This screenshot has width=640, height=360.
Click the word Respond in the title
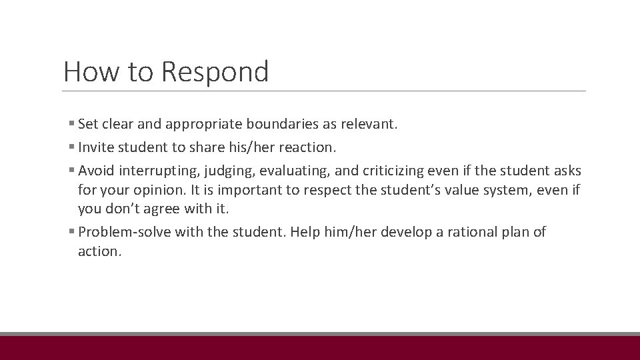[x=215, y=71]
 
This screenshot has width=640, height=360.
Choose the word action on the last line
[x=98, y=251]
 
